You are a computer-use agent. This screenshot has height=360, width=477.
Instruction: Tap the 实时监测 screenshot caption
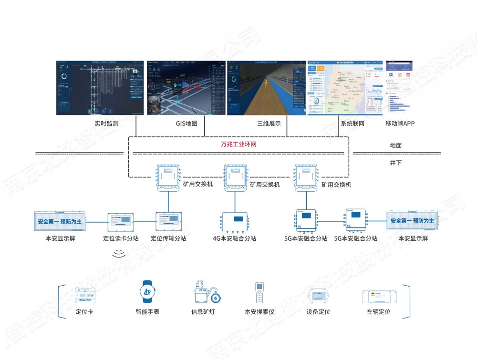click(x=106, y=124)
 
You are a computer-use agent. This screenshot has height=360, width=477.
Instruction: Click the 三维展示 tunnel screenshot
click(x=266, y=88)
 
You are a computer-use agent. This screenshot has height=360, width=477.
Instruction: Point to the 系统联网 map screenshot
click(x=345, y=88)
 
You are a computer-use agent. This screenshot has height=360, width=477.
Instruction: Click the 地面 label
click(x=395, y=145)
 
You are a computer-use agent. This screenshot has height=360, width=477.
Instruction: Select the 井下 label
click(x=395, y=163)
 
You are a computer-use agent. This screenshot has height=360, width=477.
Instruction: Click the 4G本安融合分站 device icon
click(x=238, y=220)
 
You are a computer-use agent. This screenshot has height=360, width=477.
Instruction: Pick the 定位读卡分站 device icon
click(x=121, y=222)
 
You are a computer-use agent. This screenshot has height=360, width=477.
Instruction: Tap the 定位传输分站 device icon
click(x=168, y=222)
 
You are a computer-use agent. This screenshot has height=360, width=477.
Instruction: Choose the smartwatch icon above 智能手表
click(x=147, y=292)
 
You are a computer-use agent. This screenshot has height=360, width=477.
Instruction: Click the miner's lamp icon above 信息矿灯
click(x=207, y=292)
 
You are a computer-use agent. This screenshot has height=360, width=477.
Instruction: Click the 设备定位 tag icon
click(x=318, y=296)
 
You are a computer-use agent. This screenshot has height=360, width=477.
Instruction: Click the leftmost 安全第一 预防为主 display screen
click(x=60, y=221)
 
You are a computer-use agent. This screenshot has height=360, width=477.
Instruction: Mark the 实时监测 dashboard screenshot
click(x=100, y=88)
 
